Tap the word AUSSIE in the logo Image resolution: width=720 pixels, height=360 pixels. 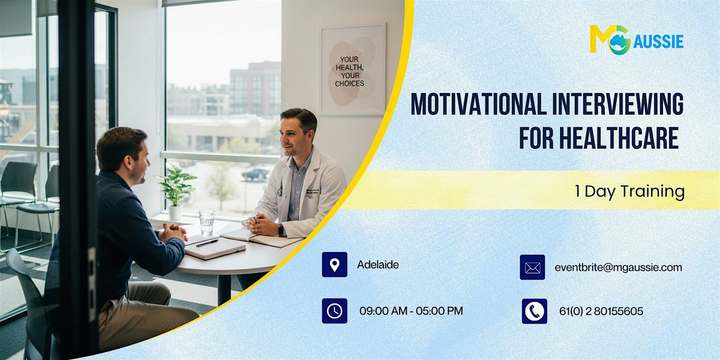(658, 41)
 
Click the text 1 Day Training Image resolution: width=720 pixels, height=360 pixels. (629, 191)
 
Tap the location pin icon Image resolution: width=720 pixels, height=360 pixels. (334, 265)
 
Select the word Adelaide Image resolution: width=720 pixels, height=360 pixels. (377, 265)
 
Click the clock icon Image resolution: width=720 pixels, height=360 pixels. (334, 311)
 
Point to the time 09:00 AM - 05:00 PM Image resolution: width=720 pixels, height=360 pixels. (411, 311)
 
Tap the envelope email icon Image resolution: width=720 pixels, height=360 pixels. (532, 268)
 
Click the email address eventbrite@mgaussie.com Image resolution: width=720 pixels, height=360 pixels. (618, 268)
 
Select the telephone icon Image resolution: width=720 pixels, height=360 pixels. (534, 311)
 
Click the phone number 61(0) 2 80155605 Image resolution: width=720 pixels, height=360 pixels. (600, 311)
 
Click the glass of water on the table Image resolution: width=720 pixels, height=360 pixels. (206, 221)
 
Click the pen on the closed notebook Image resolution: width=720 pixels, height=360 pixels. (206, 243)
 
